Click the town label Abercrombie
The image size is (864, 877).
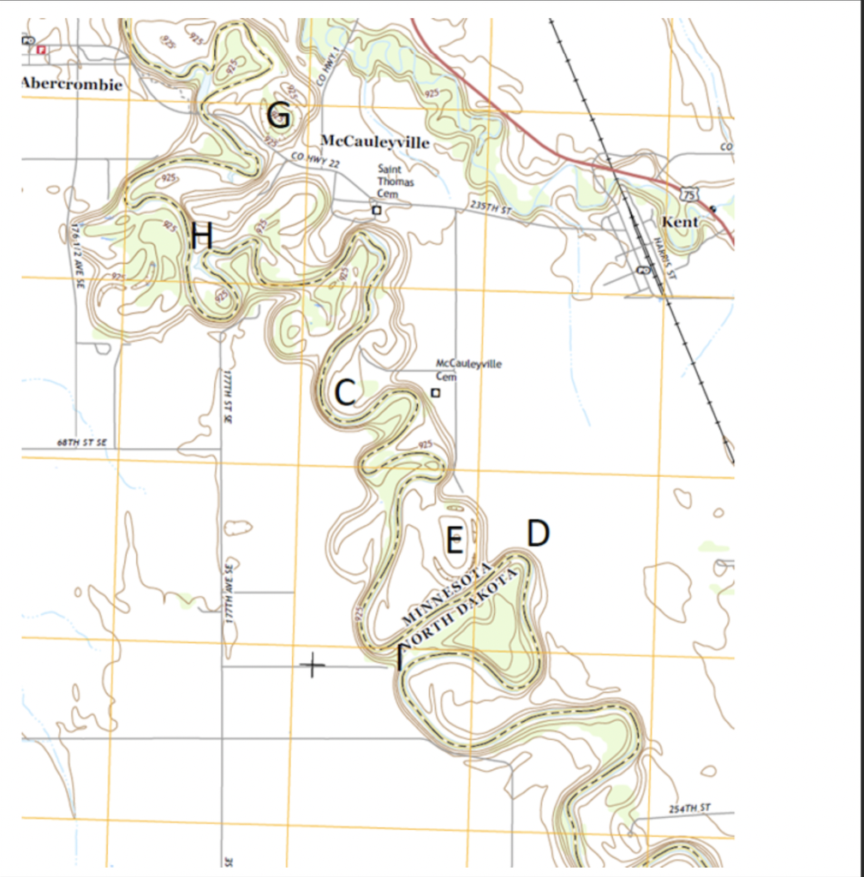pos(72,84)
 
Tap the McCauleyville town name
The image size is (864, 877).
pos(374,142)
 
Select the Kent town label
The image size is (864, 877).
pos(680,222)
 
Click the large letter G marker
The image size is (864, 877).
pos(279,115)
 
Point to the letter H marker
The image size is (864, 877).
pos(202,236)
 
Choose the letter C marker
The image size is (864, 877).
pos(344,393)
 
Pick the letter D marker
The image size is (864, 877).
pos(537,534)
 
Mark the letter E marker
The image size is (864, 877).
pos(455,540)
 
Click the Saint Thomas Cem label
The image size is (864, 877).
pos(395,182)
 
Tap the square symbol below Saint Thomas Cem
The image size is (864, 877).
pos(376,210)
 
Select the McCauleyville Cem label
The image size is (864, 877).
pos(468,369)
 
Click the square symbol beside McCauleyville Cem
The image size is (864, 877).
pos(435,392)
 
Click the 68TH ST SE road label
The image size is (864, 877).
pos(80,442)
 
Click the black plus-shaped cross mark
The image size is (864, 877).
pos(313,665)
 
